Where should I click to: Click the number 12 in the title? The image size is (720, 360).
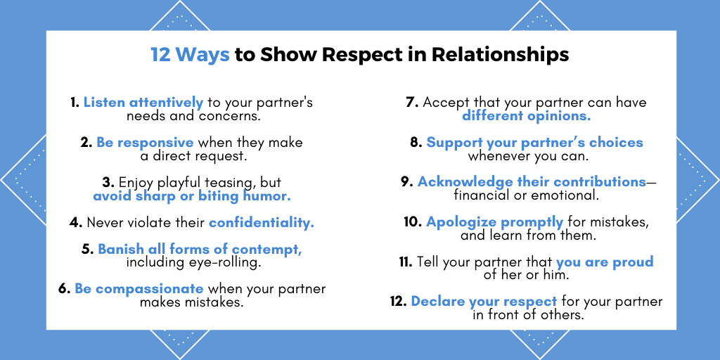[161, 55]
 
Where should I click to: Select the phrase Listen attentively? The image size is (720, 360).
[143, 103]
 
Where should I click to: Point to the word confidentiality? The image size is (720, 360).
[262, 223]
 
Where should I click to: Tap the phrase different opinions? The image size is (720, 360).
[526, 116]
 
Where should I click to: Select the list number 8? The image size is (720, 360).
[416, 143]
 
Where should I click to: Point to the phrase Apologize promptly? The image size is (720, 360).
[494, 222]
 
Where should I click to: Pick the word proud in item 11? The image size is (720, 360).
[632, 262]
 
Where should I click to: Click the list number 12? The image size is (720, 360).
[397, 302]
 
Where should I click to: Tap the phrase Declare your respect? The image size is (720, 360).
[484, 302]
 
